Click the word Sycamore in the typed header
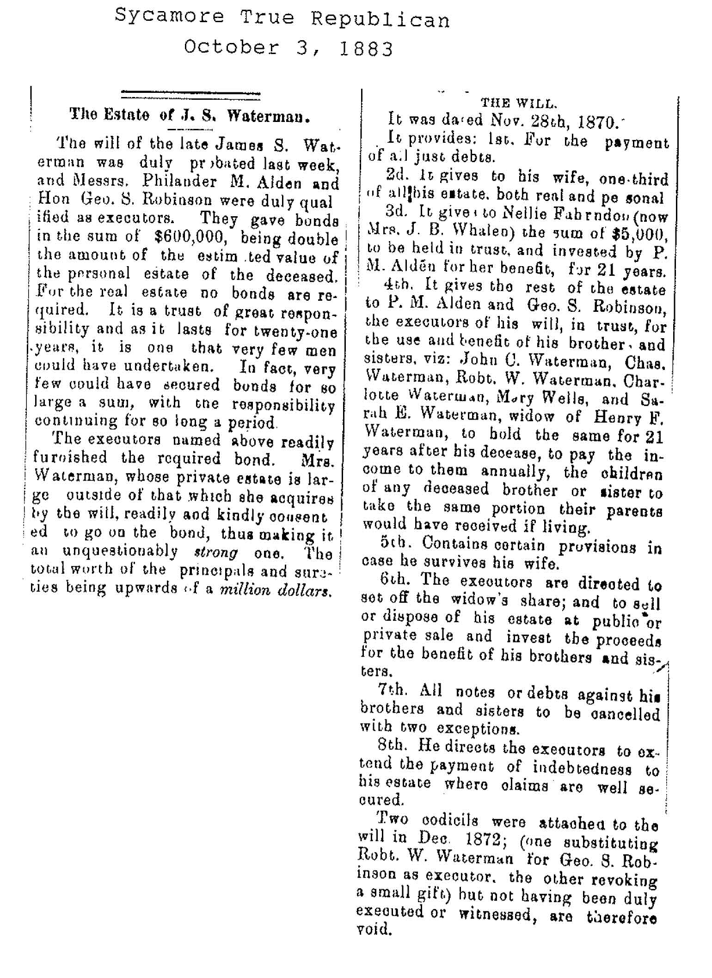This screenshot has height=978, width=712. click(x=169, y=19)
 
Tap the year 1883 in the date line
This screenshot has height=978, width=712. click(x=367, y=48)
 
